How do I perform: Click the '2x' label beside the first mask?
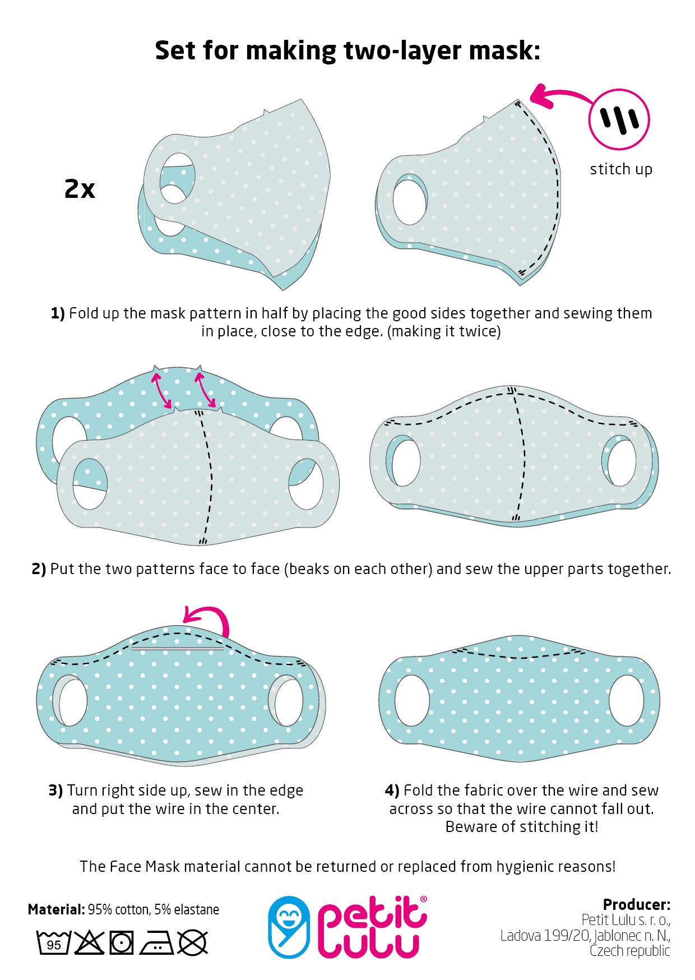(80, 189)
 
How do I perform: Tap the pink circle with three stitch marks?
(619, 119)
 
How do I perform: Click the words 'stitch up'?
(621, 169)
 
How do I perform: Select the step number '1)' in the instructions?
(58, 313)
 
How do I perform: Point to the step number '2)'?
(39, 569)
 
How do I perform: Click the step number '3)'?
(55, 791)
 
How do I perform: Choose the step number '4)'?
(392, 791)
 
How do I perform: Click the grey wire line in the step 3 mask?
(177, 649)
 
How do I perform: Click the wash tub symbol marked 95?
(54, 942)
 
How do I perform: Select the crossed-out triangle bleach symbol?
(89, 942)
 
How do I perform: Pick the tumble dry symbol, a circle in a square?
(121, 942)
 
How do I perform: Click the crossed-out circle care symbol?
(192, 942)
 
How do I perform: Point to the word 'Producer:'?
(636, 904)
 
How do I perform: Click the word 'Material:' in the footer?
(56, 909)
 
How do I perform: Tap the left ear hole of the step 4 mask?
(412, 700)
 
